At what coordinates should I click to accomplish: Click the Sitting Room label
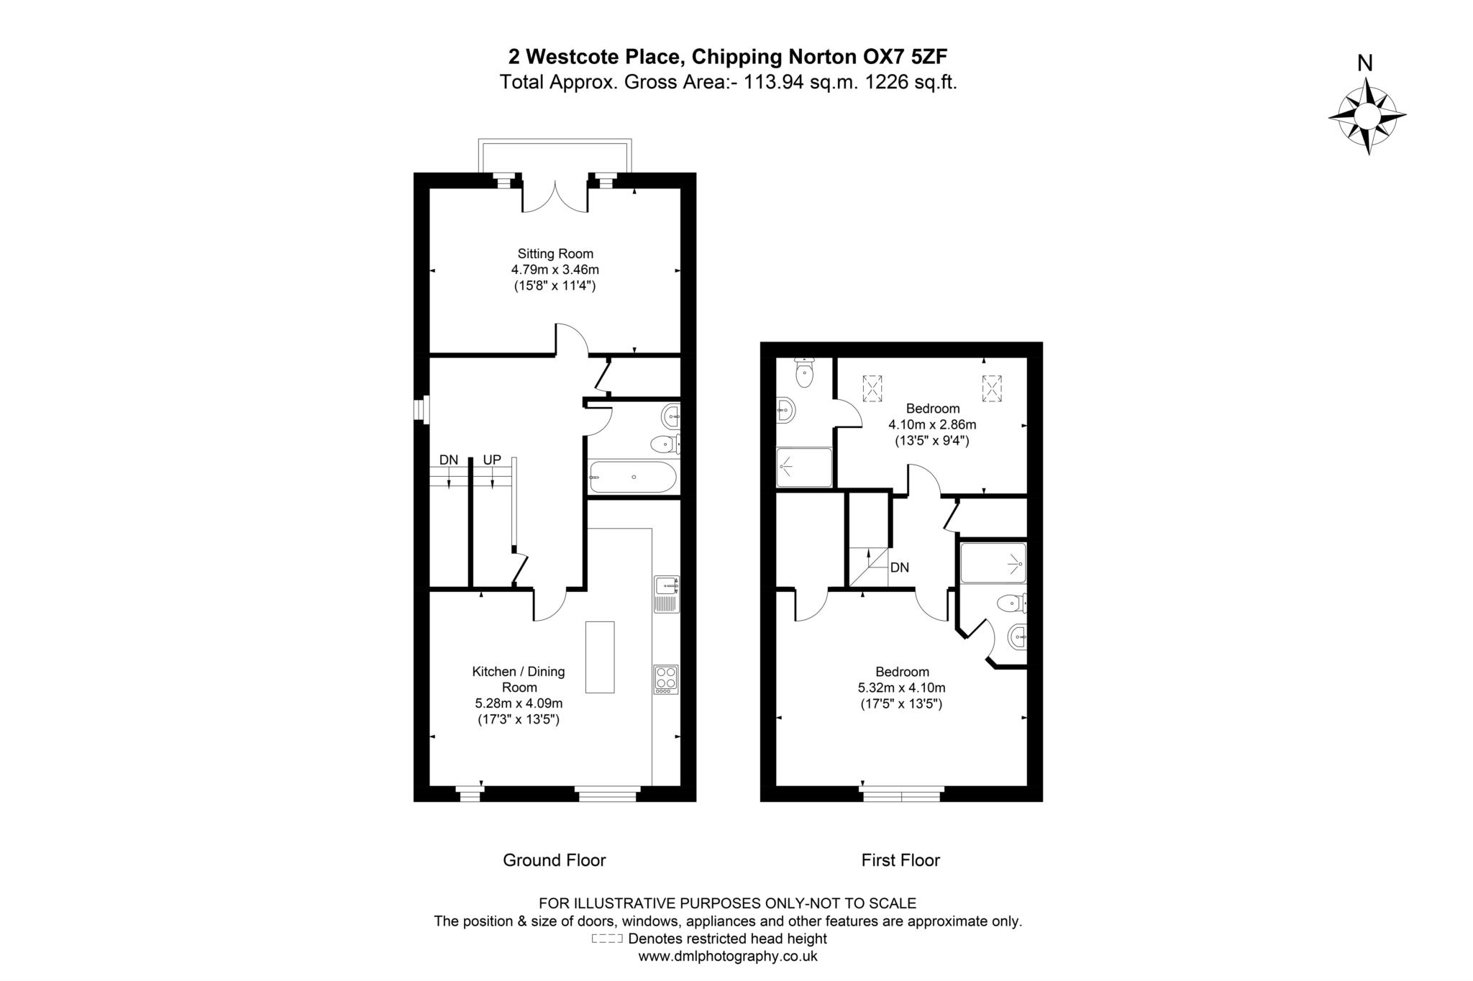(x=555, y=253)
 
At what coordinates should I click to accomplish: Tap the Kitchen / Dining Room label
(x=519, y=679)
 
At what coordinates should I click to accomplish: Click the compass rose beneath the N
(x=1367, y=116)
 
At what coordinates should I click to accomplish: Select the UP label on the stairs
(x=492, y=460)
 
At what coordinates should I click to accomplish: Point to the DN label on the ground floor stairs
(x=449, y=460)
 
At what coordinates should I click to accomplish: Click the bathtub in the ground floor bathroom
(x=633, y=477)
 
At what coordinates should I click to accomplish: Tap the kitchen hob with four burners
(x=666, y=679)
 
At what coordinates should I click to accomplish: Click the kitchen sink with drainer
(x=666, y=594)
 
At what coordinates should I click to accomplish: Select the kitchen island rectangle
(x=600, y=657)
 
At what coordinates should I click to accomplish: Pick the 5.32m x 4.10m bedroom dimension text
(x=902, y=688)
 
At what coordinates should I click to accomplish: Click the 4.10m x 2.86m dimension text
(x=932, y=424)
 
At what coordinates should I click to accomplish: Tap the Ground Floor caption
(x=555, y=860)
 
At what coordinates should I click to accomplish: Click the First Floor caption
(x=900, y=860)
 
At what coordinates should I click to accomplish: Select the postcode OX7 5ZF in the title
(x=901, y=56)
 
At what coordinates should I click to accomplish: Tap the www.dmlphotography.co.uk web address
(x=728, y=957)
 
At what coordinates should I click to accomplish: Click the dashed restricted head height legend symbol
(x=606, y=939)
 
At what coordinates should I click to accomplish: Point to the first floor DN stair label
(x=900, y=567)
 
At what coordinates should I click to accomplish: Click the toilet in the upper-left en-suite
(x=804, y=373)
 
